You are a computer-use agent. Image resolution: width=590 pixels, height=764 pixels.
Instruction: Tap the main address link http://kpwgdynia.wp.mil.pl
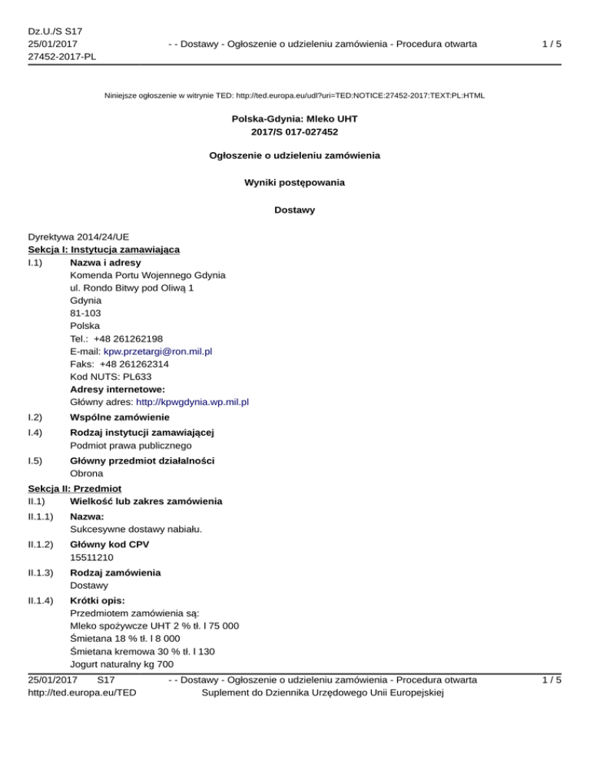tap(192, 401)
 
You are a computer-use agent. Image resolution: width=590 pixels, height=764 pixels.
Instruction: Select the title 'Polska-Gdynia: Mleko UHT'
tap(295, 119)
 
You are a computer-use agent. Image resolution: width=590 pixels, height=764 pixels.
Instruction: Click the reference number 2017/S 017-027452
tap(295, 131)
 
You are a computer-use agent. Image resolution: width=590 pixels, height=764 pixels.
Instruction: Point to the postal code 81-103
tap(85, 313)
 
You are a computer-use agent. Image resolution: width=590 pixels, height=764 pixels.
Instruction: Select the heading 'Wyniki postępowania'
tap(295, 182)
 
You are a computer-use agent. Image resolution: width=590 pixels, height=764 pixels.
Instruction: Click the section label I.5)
tap(35, 460)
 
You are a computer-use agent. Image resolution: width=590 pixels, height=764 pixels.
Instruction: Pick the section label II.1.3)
tap(39, 573)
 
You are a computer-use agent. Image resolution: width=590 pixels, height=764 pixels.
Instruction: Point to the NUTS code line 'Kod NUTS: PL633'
tap(111, 376)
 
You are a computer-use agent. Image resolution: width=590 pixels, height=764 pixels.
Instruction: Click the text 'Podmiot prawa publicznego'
tap(131, 445)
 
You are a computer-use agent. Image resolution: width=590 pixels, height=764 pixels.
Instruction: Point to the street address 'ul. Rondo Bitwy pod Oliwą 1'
tap(131, 287)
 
